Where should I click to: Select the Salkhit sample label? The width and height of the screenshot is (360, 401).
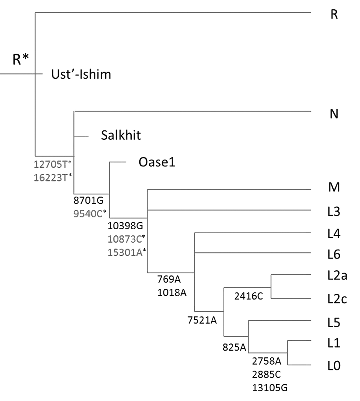120,136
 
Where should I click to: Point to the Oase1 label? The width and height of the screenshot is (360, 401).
157,163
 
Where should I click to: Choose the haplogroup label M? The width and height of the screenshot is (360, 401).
334,188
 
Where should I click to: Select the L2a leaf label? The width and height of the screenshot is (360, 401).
337,276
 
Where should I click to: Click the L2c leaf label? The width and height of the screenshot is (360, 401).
337,299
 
